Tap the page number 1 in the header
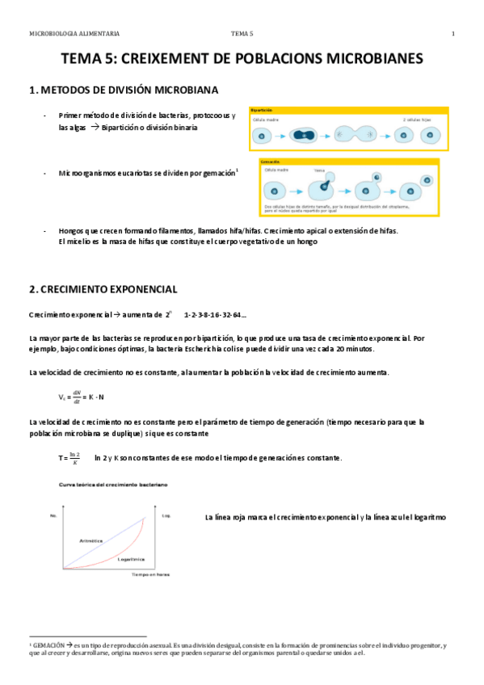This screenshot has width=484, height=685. [x=453, y=33]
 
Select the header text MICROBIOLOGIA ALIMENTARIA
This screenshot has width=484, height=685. [x=74, y=33]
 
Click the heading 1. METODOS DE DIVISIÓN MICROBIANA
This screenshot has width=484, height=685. [x=122, y=89]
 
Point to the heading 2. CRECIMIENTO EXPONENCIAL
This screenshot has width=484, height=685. [x=103, y=288]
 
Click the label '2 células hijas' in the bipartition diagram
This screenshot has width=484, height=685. [x=417, y=119]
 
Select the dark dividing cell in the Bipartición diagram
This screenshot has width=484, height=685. [x=303, y=135]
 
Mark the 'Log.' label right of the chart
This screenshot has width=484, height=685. [x=166, y=514]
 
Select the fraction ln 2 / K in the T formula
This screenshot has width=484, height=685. [x=74, y=458]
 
